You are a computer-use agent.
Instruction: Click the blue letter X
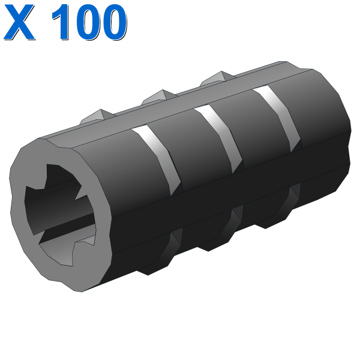(19, 22)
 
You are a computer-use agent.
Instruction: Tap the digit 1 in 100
(61, 22)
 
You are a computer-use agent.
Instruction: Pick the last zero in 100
(113, 22)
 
